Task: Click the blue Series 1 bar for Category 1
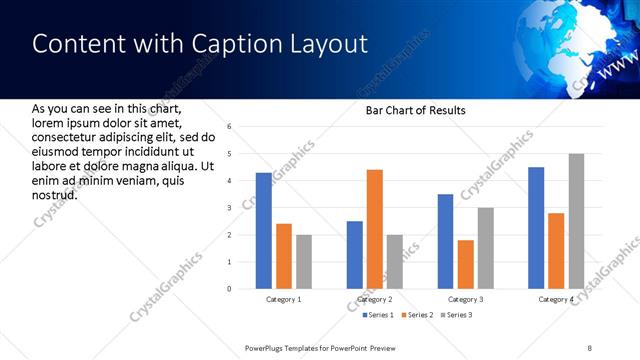263,231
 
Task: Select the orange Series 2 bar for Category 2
375,229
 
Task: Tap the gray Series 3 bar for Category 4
576,221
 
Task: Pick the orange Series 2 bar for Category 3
466,264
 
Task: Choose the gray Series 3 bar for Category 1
303,262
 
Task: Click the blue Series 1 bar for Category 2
355,255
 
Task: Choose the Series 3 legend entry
458,316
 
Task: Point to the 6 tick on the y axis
229,127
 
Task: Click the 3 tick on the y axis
229,208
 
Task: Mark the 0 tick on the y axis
229,289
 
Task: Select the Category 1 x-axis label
284,300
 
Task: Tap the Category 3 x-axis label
466,300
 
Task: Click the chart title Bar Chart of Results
416,110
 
